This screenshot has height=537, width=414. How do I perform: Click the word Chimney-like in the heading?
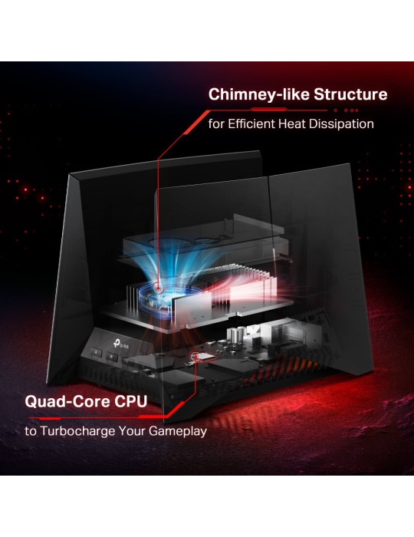(259, 95)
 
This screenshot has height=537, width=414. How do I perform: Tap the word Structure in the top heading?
(350, 94)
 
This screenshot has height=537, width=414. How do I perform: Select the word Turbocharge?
(77, 431)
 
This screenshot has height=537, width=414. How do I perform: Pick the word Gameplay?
(178, 431)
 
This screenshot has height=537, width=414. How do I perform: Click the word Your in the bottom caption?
(132, 431)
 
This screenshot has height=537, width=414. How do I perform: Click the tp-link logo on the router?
(122, 344)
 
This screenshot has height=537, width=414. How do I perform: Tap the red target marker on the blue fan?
(158, 288)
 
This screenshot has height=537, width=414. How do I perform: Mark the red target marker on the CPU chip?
(195, 356)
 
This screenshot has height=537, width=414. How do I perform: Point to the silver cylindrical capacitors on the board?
(237, 334)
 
